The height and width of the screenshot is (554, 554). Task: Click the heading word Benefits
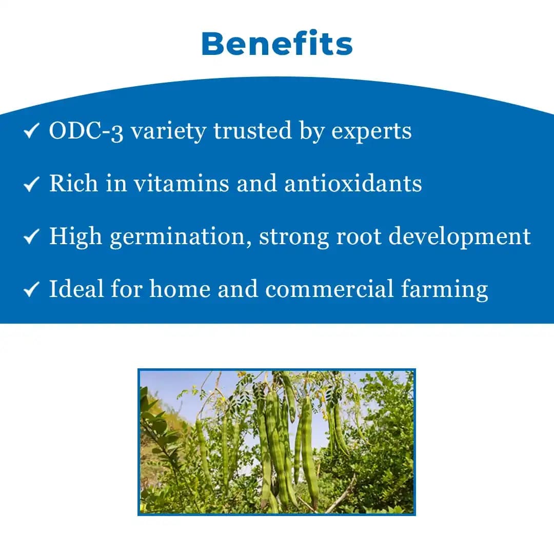277,44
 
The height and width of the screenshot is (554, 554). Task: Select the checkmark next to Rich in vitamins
31,185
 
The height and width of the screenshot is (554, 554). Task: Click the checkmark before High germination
31,237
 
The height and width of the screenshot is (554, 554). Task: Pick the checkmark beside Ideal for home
31,290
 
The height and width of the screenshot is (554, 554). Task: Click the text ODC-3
86,131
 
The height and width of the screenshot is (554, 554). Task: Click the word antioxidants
353,184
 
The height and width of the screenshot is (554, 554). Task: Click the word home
180,289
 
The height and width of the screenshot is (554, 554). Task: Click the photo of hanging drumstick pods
276,442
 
